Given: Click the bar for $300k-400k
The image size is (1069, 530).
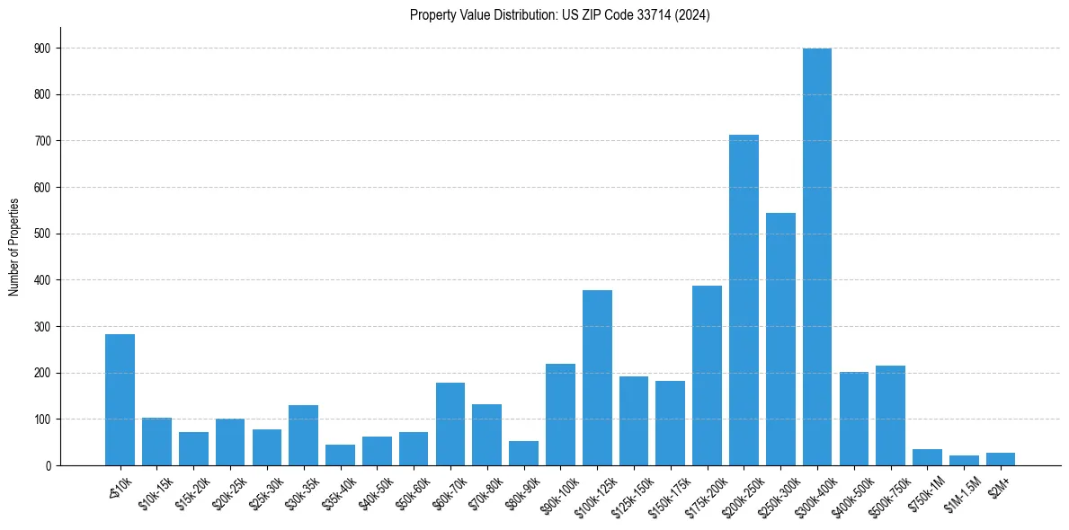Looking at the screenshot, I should [816, 257].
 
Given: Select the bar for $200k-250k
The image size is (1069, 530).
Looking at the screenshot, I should [744, 300].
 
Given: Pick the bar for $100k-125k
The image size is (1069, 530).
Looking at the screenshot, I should [597, 377].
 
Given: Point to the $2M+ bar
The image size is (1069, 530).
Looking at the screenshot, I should [1000, 459].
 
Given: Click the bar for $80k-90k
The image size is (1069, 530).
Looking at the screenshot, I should [523, 454].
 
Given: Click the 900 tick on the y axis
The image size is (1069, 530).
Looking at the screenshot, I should [43, 48].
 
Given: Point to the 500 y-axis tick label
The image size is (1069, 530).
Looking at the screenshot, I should [43, 234].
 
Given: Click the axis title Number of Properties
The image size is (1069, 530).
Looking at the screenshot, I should [13, 246].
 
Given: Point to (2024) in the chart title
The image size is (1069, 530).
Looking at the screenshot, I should [692, 15].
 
